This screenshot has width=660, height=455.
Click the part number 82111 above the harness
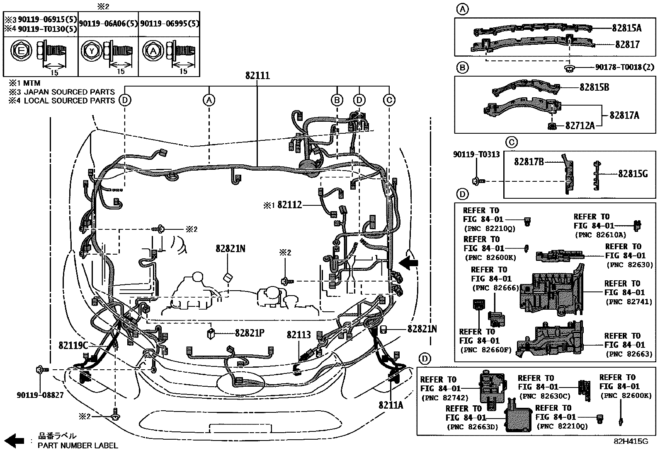click(x=257, y=76)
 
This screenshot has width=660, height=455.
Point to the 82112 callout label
click(x=290, y=205)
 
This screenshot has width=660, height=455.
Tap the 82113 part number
click(x=299, y=335)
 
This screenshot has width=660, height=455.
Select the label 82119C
click(x=73, y=345)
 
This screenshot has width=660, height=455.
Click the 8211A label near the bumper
click(x=391, y=405)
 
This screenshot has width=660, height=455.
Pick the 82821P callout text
click(x=250, y=333)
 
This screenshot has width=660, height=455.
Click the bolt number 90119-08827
click(x=40, y=395)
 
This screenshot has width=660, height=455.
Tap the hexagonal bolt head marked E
click(x=21, y=51)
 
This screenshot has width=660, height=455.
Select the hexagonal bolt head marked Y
click(x=91, y=51)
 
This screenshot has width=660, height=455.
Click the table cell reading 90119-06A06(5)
click(x=109, y=24)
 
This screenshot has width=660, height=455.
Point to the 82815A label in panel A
click(x=627, y=28)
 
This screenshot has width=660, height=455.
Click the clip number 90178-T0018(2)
click(x=624, y=67)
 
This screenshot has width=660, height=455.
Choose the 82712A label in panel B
click(x=580, y=126)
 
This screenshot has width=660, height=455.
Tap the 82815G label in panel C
click(x=633, y=174)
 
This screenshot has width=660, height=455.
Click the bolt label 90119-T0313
click(x=476, y=154)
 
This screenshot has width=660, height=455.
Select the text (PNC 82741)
click(x=629, y=302)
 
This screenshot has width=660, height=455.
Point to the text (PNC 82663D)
click(x=472, y=427)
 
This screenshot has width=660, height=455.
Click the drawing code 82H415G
click(x=631, y=441)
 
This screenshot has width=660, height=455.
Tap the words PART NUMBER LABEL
click(x=78, y=445)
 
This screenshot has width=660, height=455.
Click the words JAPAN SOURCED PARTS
click(x=69, y=92)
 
